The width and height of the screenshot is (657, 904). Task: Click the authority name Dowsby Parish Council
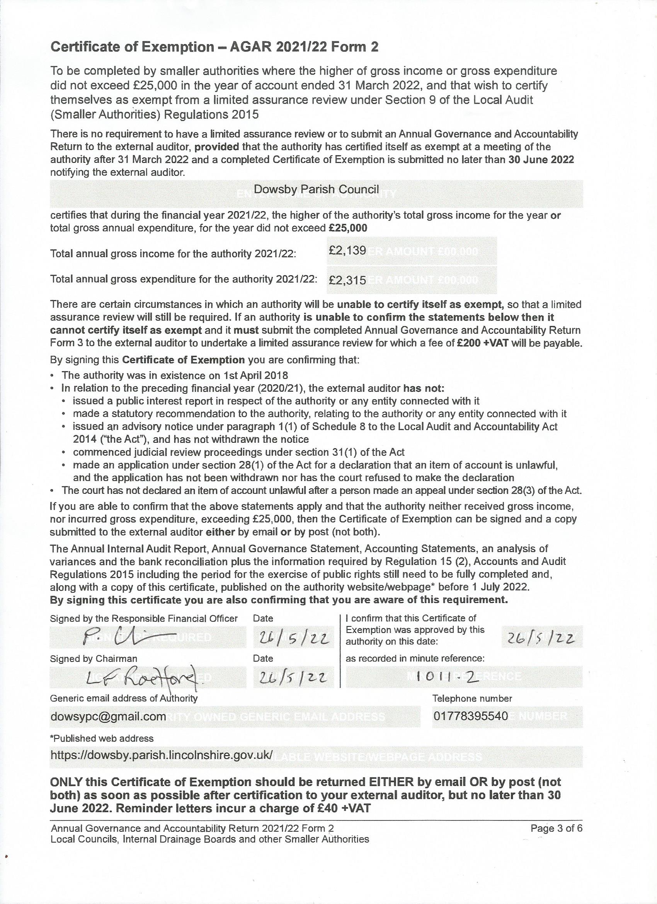(316, 189)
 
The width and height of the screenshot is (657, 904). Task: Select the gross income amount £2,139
(347, 251)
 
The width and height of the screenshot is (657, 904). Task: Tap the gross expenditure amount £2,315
(347, 280)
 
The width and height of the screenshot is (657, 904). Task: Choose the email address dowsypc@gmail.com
(108, 716)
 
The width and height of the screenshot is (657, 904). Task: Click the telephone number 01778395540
(471, 716)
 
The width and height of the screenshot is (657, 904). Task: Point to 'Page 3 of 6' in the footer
(556, 829)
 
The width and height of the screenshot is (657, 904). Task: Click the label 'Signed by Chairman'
(93, 658)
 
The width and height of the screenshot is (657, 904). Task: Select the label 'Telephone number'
(472, 698)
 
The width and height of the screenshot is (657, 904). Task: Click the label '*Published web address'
(102, 738)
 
